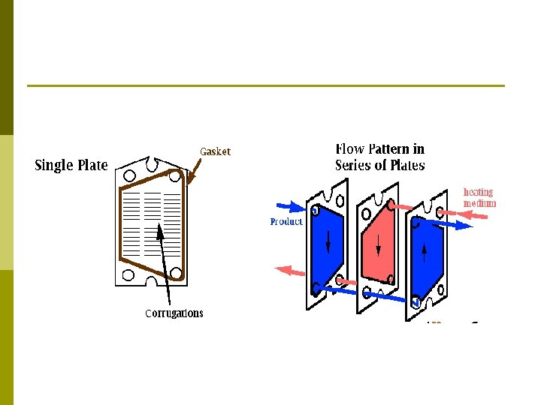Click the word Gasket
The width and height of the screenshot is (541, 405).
click(x=215, y=151)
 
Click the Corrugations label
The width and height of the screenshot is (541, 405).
click(x=174, y=313)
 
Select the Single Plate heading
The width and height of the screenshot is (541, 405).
click(x=71, y=165)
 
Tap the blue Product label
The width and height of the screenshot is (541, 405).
click(x=286, y=221)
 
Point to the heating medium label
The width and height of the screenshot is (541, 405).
click(x=479, y=197)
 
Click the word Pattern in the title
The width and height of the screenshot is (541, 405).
click(x=389, y=148)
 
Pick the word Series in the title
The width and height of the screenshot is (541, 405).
click(x=355, y=166)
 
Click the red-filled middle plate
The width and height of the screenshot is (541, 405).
click(x=377, y=244)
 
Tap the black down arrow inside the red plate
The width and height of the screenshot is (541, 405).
click(x=378, y=245)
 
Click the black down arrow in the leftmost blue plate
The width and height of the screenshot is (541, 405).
click(x=328, y=241)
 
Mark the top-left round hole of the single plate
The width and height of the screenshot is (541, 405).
click(x=130, y=176)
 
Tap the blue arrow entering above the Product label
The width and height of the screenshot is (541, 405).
click(x=289, y=205)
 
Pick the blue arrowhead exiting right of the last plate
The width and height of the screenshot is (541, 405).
click(x=467, y=224)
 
